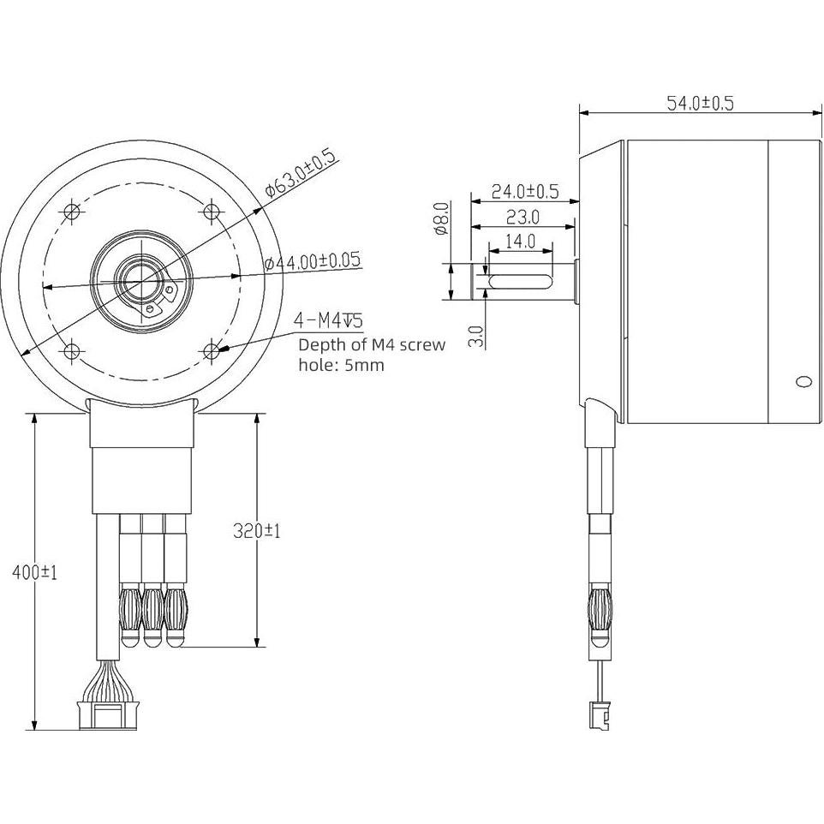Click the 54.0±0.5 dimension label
(700, 103)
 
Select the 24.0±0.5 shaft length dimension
(524, 191)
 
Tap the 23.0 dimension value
(522, 217)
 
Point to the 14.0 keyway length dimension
(520, 242)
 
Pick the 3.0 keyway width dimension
(477, 335)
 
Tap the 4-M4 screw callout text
(328, 321)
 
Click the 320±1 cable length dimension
(257, 531)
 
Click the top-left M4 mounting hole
(72, 211)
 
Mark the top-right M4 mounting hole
(212, 210)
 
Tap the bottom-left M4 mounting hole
(72, 349)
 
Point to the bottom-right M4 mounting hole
(212, 349)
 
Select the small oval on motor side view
(803, 381)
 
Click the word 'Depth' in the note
(319, 345)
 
